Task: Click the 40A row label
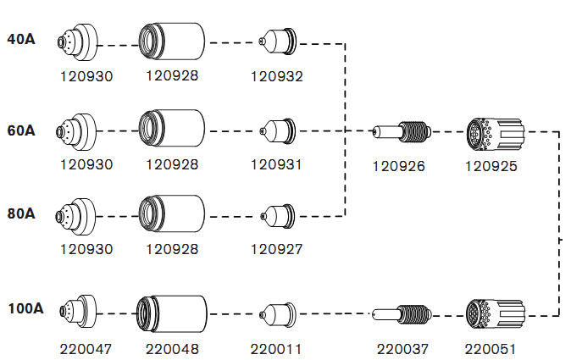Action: click(x=21, y=39)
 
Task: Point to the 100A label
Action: click(x=25, y=308)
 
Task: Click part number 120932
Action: click(x=276, y=76)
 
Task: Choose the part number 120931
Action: click(x=276, y=164)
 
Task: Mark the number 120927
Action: click(x=276, y=249)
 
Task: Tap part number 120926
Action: click(x=398, y=165)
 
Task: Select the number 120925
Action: click(x=491, y=165)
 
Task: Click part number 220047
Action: click(x=86, y=348)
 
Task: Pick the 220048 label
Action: click(x=172, y=348)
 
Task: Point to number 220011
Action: click(x=276, y=348)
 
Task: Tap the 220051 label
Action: click(x=491, y=348)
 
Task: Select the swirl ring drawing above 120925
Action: click(x=496, y=132)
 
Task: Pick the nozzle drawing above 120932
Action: click(x=277, y=41)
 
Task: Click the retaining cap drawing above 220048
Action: click(x=172, y=313)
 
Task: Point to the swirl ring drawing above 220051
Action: click(x=496, y=313)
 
